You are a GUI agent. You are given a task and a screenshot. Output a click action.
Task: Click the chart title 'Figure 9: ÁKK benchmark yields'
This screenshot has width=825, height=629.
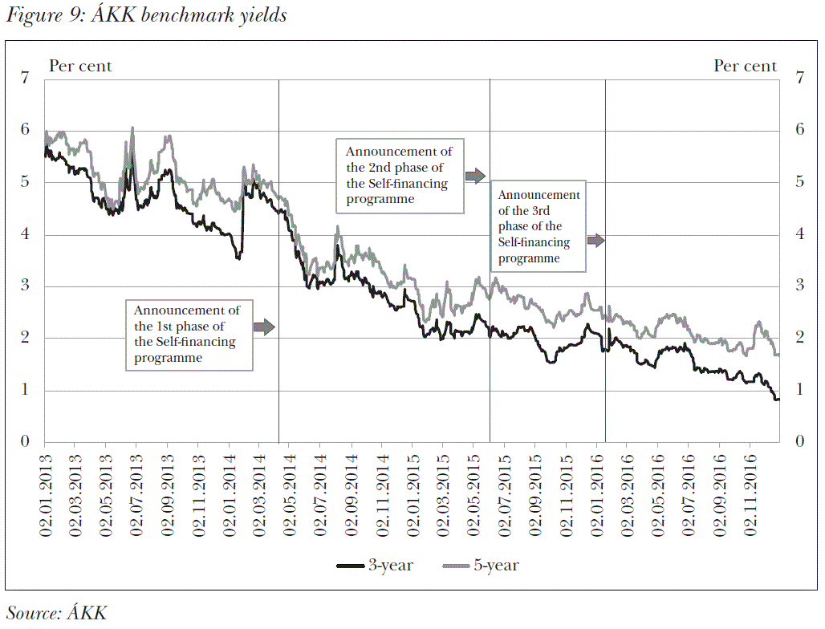tap(146, 15)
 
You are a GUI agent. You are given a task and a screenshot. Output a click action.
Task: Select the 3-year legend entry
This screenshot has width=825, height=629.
tap(375, 566)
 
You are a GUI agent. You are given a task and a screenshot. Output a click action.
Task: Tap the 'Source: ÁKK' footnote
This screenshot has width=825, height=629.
tap(57, 613)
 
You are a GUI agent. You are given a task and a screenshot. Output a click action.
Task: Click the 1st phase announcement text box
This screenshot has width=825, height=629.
tap(189, 335)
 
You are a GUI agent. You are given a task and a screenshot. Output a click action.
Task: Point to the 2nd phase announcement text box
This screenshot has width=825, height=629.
tap(400, 175)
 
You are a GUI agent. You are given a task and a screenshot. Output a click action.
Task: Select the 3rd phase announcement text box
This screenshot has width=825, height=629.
tap(538, 227)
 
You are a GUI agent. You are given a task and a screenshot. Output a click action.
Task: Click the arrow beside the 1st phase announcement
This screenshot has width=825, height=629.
tap(264, 327)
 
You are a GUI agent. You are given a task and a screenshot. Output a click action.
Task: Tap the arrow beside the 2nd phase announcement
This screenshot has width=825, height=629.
tap(475, 174)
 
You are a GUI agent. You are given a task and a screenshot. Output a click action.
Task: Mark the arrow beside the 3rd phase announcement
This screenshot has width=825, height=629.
tap(595, 240)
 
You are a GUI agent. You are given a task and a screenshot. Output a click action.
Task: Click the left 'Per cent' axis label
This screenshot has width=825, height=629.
tap(80, 67)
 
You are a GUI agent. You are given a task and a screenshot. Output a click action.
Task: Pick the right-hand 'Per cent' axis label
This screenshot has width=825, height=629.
tap(746, 67)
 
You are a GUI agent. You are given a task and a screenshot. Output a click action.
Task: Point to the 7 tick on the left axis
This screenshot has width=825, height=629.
tap(24, 79)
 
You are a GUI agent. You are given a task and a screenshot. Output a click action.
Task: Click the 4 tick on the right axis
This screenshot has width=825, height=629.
tap(799, 235)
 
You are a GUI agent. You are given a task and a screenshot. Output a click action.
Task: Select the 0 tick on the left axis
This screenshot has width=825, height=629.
tap(24, 442)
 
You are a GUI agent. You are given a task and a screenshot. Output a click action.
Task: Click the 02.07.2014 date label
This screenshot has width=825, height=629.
tap(319, 492)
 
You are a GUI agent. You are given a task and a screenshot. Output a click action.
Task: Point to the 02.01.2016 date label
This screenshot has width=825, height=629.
tap(596, 492)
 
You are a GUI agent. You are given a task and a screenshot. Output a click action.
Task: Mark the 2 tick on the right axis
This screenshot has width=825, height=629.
tap(799, 339)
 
